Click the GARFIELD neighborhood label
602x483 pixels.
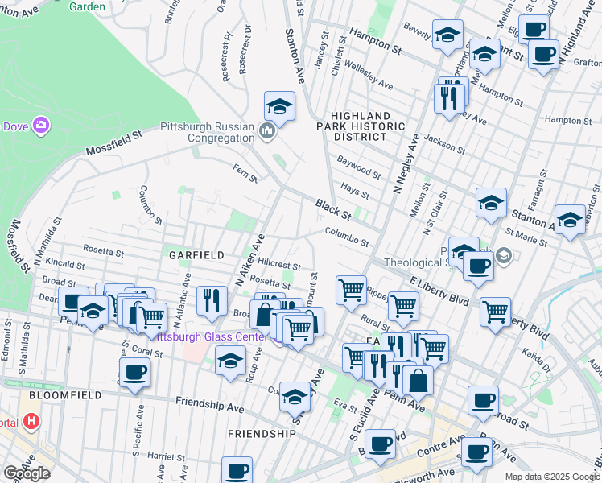[196, 254]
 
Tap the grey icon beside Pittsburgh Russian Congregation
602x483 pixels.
[268, 130]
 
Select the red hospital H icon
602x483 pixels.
[31, 420]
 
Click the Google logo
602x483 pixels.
[27, 473]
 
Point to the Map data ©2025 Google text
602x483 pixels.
[551, 477]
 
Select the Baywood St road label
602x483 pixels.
[359, 169]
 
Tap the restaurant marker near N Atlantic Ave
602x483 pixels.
[211, 299]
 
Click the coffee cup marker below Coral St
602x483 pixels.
[134, 372]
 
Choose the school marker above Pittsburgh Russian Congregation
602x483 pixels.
[279, 105]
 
